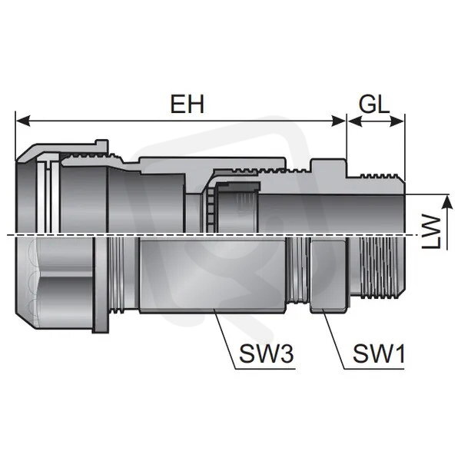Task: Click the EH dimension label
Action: (x=187, y=104)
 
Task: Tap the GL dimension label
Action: (x=374, y=104)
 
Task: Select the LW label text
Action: (x=431, y=232)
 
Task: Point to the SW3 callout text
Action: (x=266, y=353)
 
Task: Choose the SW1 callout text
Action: (x=379, y=353)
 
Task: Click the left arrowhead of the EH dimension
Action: (x=23, y=121)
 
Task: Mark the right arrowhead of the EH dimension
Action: (x=339, y=121)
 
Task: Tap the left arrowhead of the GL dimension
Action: (x=354, y=121)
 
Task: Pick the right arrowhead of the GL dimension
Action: (x=397, y=121)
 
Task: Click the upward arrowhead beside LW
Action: (x=447, y=202)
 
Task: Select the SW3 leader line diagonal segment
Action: (x=225, y=339)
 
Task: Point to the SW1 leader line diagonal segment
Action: (x=333, y=339)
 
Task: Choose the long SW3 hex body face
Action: (x=212, y=275)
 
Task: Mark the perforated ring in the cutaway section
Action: (x=211, y=208)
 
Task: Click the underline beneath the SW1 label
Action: (x=374, y=369)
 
